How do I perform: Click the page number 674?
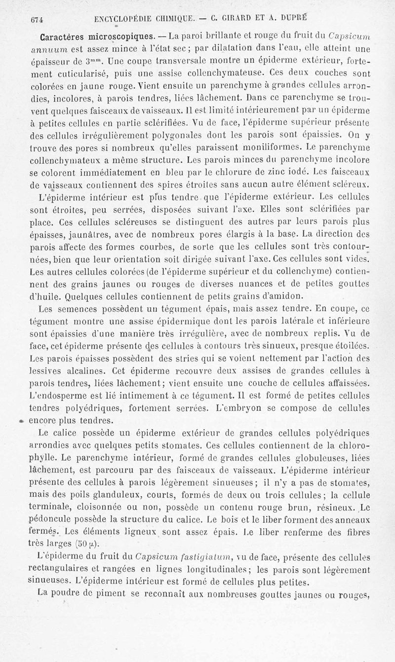pyautogui.click(x=38, y=20)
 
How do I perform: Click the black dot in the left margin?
pyautogui.click(x=22, y=421)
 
